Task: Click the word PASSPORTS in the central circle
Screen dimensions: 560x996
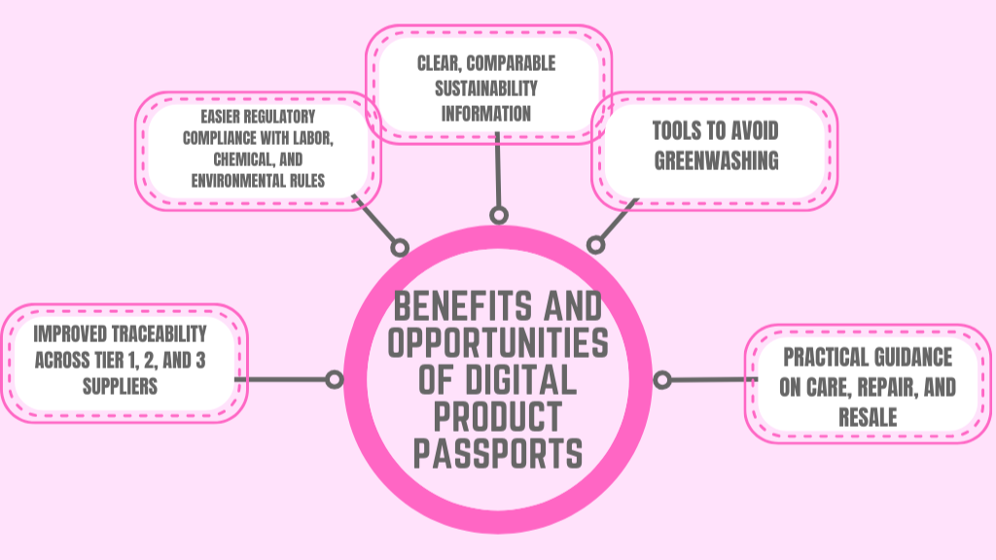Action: [x=498, y=453]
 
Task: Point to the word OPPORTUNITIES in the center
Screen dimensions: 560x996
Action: [x=498, y=343]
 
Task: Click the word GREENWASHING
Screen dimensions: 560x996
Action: [x=716, y=160]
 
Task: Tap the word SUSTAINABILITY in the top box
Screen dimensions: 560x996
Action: [x=486, y=88]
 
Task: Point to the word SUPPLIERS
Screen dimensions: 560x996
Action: [x=119, y=386]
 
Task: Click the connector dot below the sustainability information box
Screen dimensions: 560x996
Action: [x=498, y=215]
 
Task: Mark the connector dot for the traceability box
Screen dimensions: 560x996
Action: [x=334, y=379]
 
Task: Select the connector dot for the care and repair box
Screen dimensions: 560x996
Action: [x=662, y=379]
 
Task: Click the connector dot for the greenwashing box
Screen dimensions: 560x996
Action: [x=594, y=246]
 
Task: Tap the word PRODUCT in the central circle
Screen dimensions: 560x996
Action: [x=498, y=416]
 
